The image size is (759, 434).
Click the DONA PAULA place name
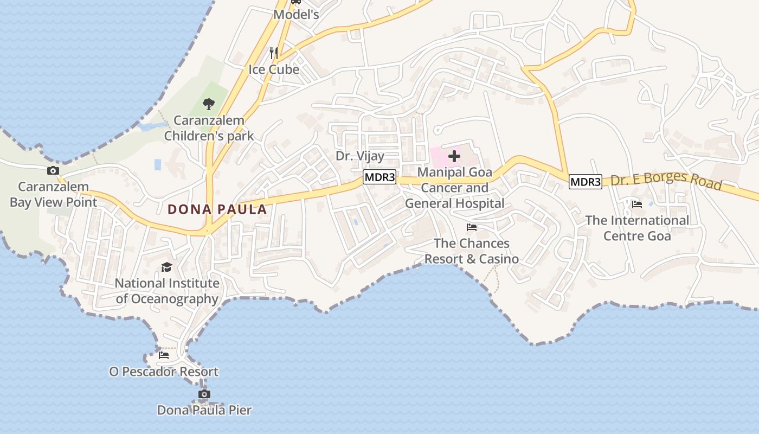point(217,209)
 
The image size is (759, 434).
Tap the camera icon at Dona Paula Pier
point(204,394)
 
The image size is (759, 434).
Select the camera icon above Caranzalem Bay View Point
point(53,171)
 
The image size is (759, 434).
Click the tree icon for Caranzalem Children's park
point(208,104)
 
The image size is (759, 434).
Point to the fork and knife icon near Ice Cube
point(274,53)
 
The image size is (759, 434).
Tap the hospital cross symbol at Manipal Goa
point(454,157)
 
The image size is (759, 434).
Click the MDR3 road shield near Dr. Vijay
point(379,177)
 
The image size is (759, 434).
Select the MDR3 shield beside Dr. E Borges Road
point(585,182)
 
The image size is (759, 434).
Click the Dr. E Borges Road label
point(666,182)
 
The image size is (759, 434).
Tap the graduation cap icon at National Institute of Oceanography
point(166,267)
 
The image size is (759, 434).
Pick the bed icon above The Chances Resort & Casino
point(472,227)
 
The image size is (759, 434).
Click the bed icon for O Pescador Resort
point(164,355)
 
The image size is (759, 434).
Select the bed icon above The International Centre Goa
point(637,205)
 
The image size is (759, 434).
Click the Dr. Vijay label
point(360,156)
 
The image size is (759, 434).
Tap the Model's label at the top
point(296,15)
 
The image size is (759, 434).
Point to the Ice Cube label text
point(274,69)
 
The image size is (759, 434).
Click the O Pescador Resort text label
point(164,372)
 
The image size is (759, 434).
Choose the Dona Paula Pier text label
point(204,410)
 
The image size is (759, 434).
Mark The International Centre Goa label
point(637,228)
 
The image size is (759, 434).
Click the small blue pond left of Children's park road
point(158,164)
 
